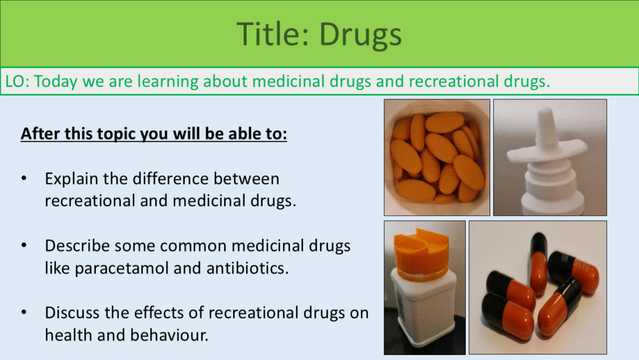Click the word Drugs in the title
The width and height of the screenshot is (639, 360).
(360, 35)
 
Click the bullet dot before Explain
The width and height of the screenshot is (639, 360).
(24, 178)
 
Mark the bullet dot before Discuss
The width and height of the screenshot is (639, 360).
(24, 312)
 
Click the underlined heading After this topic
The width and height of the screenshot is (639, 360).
(153, 134)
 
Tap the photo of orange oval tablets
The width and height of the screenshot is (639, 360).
(437, 157)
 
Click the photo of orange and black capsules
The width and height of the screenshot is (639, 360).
(537, 288)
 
